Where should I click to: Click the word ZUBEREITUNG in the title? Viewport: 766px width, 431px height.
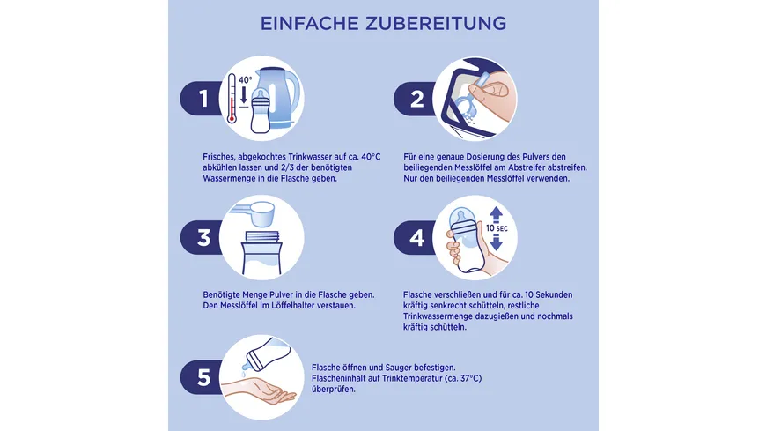coord(436,24)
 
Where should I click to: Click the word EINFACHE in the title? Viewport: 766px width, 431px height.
coord(309,24)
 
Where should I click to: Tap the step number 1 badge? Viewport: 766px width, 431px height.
coord(203,99)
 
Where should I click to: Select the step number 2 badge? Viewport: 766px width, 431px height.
coord(416,99)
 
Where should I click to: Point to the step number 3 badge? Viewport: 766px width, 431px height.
coord(203,237)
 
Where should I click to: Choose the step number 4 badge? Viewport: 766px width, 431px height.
coord(416,238)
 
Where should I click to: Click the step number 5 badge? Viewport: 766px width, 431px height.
coord(203,377)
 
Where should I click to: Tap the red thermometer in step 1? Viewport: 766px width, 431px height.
coord(232,98)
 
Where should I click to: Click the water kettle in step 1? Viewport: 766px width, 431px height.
coord(278,97)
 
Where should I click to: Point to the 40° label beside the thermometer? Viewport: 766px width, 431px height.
coord(246,79)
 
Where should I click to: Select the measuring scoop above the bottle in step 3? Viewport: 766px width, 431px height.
coord(254,213)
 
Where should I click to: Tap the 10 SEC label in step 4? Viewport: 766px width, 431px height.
coord(497,228)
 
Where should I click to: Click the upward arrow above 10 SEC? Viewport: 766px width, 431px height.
coord(497,214)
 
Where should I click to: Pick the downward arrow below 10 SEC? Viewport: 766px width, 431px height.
coord(497,242)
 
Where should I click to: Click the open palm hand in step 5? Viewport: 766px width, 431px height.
coord(259,390)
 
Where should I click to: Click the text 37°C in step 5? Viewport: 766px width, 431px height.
coord(471,378)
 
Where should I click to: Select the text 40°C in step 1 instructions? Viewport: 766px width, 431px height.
coord(371,157)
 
